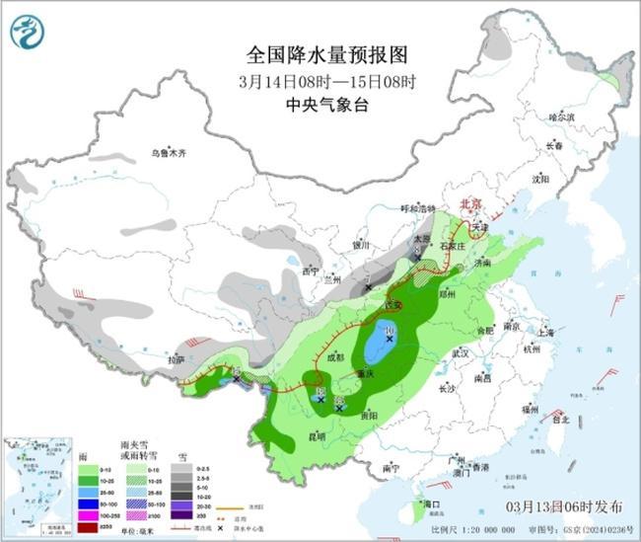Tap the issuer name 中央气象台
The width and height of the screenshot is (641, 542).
tap(313, 101)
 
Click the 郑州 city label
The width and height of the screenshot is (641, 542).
tap(449, 294)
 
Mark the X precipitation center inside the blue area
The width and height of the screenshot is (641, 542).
tap(390, 339)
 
